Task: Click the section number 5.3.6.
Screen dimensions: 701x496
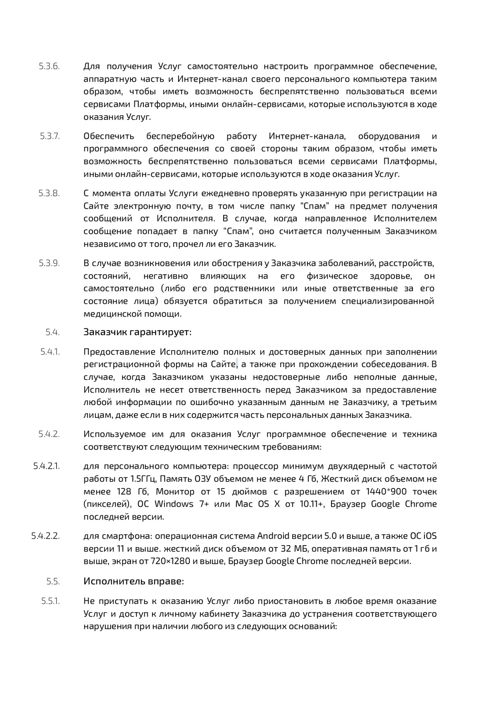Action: [x=49, y=66]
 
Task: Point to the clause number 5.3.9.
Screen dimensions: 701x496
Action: [x=49, y=263]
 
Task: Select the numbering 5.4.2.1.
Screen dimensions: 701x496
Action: [x=46, y=466]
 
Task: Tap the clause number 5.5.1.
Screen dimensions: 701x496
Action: [x=50, y=601]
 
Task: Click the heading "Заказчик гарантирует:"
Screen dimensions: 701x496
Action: [x=137, y=332]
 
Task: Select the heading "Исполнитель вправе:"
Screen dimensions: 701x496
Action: [x=134, y=581]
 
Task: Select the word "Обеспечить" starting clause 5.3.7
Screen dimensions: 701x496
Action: [x=109, y=136]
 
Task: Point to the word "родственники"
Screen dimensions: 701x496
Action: [x=244, y=289]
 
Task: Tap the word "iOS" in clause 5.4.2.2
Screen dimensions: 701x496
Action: [x=430, y=536]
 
